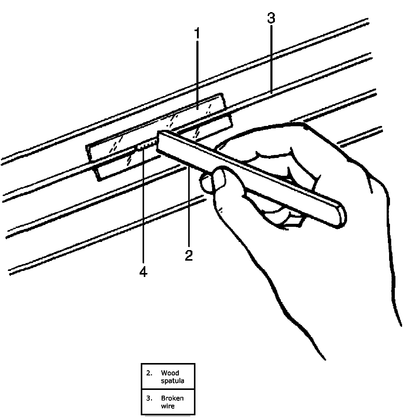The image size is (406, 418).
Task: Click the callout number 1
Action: coord(197,34)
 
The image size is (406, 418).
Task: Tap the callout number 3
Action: coord(271,18)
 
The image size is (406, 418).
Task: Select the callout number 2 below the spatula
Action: coord(189,255)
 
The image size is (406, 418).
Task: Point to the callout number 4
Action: coord(143,272)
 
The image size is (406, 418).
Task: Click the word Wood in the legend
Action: coord(170,373)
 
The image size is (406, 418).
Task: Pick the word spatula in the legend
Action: coord(172,381)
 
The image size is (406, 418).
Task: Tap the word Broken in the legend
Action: coord(172,398)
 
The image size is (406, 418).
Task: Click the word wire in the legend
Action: coord(167,406)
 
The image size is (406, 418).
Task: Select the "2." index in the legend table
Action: coord(149,373)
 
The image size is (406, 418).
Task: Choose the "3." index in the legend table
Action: coord(149,398)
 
